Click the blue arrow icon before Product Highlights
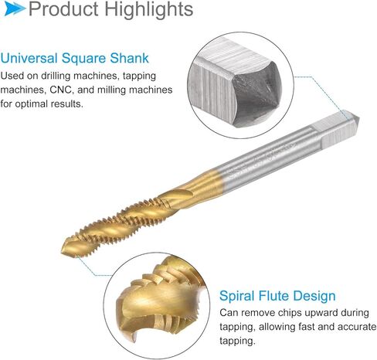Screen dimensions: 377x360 15,8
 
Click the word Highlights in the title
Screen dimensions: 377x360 148,9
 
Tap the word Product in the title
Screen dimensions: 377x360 64,9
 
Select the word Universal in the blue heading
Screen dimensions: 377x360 29,58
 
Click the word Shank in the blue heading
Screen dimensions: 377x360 130,58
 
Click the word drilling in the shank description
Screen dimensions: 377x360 56,76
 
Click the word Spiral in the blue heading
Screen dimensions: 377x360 236,296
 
